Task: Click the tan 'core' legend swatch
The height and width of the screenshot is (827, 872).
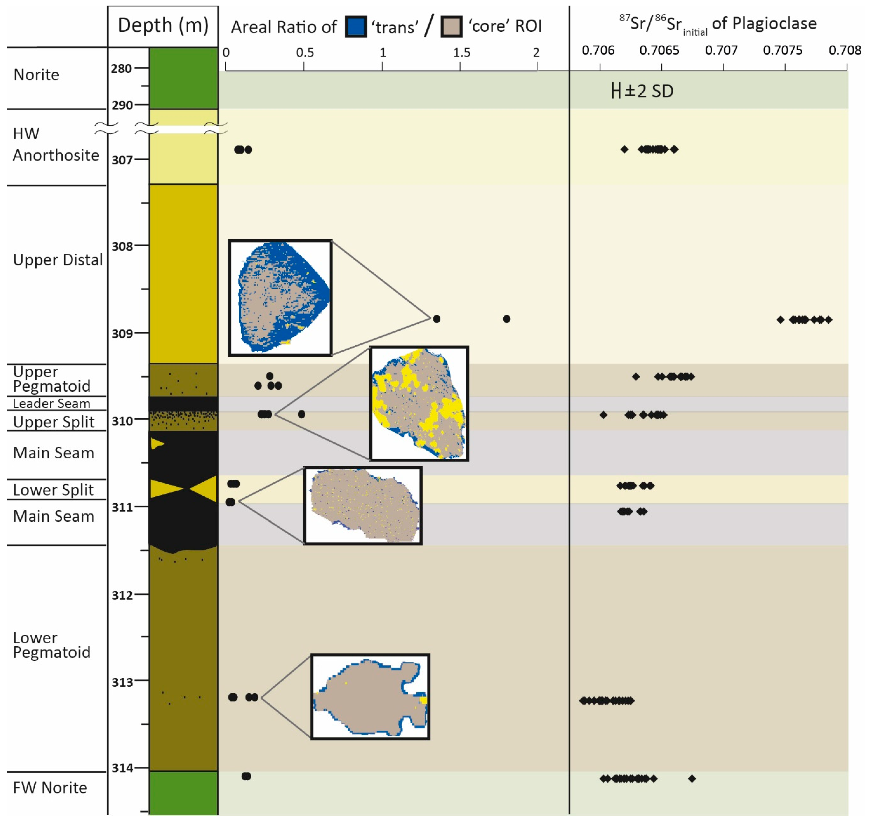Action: click(451, 27)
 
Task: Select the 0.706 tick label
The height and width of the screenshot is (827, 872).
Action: click(598, 50)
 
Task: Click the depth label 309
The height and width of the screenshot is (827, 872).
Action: click(122, 334)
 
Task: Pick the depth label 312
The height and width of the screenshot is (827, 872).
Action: click(122, 596)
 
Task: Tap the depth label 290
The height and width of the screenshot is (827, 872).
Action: click(122, 106)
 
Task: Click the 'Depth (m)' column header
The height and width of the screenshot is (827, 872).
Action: click(163, 26)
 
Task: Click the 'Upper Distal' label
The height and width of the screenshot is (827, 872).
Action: click(57, 260)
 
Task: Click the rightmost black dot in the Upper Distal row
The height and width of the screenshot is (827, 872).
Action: click(506, 319)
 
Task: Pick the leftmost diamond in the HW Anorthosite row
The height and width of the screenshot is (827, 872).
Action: click(624, 149)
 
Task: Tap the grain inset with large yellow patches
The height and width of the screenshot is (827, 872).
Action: click(419, 403)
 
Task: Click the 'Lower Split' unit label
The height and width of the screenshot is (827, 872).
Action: click(53, 490)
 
